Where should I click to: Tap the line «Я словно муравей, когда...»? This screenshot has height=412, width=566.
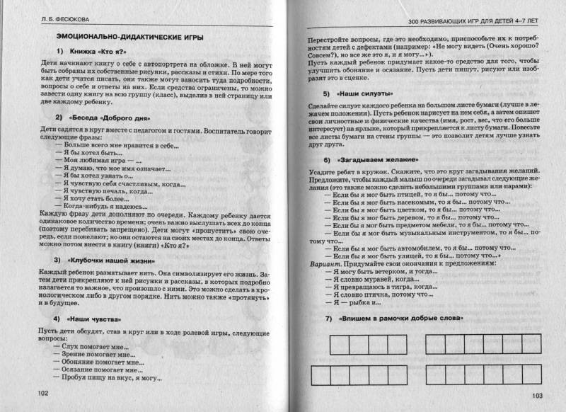coord(369,279)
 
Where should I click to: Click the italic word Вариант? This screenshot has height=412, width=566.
coord(317,261)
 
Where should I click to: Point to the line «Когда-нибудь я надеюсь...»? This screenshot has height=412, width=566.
coord(98,211)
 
